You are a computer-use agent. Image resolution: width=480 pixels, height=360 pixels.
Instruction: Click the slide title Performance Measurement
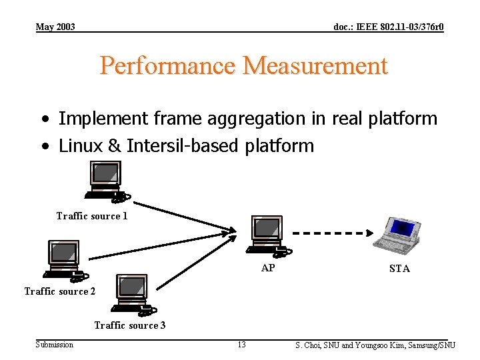[x=243, y=66]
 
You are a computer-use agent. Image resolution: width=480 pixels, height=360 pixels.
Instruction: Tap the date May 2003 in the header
[x=55, y=27]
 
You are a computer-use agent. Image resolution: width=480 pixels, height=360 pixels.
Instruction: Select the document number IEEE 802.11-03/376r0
[x=389, y=27]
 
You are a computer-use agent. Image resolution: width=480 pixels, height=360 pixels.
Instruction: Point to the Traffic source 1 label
[x=92, y=216]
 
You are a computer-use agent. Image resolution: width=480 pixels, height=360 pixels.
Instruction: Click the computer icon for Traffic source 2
[x=64, y=259]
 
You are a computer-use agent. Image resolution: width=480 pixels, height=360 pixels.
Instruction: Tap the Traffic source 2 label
[x=60, y=291]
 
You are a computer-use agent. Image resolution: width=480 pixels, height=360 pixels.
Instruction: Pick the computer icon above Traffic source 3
[x=133, y=293]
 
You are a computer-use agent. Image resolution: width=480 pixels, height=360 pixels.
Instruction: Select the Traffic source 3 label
[x=130, y=325]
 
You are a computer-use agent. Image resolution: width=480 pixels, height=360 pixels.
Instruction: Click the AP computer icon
[x=267, y=235]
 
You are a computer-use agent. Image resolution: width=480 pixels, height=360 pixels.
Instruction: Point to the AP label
[x=268, y=268]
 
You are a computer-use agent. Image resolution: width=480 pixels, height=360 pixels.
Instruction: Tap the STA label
[x=399, y=269]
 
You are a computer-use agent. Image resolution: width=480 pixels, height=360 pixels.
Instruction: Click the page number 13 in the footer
[x=241, y=345]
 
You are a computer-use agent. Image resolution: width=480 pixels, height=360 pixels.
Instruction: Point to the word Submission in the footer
[x=55, y=345]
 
